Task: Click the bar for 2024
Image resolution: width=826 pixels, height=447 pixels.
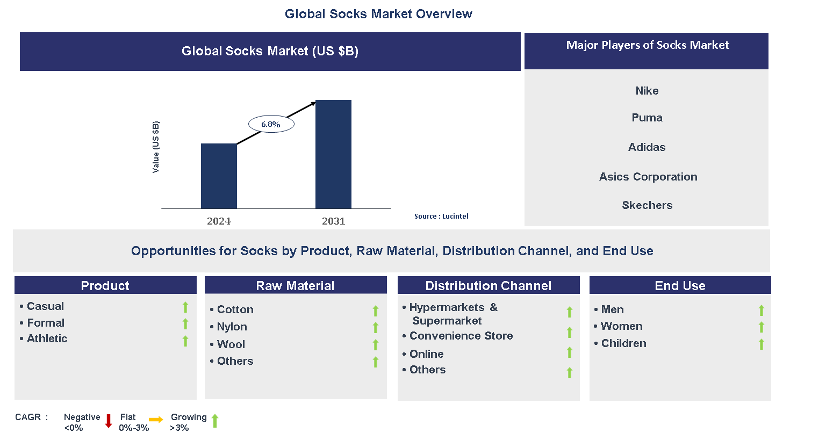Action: tap(219, 176)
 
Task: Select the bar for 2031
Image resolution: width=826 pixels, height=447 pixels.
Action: tap(333, 154)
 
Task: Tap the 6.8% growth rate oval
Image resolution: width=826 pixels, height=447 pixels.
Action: tap(271, 124)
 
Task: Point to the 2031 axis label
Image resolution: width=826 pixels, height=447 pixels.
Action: tap(333, 221)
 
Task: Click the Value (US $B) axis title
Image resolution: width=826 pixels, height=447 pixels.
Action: tap(156, 147)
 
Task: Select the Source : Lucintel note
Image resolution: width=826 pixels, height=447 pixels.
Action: tap(441, 217)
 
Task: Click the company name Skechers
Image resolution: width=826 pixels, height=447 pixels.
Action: tap(647, 205)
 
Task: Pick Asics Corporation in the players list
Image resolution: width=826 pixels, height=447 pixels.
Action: tap(648, 177)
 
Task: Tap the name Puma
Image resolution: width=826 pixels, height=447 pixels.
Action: tap(647, 118)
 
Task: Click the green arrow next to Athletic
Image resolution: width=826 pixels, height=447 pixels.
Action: tap(185, 341)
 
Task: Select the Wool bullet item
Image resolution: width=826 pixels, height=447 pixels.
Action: tap(227, 344)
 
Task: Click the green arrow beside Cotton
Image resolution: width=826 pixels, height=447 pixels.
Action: tap(376, 311)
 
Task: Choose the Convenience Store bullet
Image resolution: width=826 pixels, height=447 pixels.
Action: tap(457, 336)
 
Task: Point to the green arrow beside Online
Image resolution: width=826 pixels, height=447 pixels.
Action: tap(569, 352)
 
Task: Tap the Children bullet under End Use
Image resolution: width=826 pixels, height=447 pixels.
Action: tap(620, 343)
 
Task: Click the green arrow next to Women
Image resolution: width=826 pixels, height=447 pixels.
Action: tap(761, 327)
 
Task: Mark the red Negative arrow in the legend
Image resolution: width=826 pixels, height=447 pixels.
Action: tap(109, 421)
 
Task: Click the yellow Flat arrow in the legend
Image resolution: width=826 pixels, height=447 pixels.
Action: tap(156, 420)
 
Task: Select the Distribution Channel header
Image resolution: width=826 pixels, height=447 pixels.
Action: tap(488, 286)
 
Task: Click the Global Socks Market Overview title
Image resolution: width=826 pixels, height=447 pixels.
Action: tap(378, 14)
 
